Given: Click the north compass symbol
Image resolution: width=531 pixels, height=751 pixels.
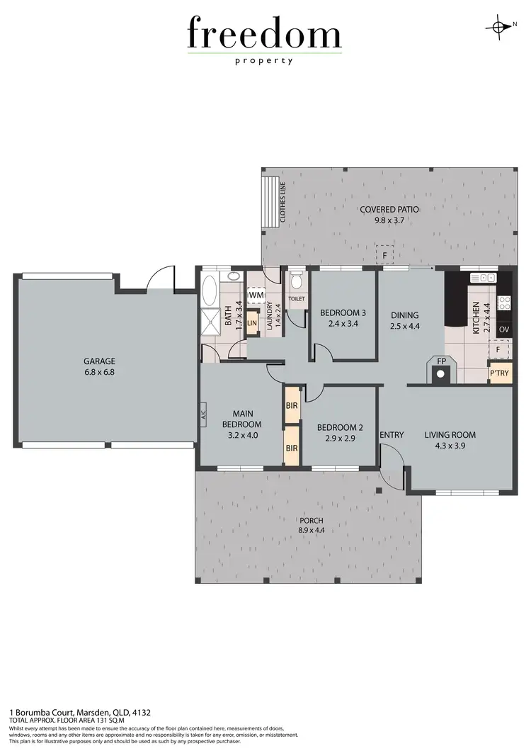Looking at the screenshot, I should click(x=500, y=27).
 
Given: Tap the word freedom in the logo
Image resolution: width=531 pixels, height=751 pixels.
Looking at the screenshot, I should click(x=265, y=33).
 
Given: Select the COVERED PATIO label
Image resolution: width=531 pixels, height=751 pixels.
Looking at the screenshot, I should click(x=389, y=209).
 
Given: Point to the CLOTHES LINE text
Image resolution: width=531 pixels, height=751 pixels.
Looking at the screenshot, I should click(x=282, y=204).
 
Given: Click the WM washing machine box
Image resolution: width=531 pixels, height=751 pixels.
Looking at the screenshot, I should click(x=256, y=294).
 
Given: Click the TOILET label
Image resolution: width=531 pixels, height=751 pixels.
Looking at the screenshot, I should click(x=297, y=299).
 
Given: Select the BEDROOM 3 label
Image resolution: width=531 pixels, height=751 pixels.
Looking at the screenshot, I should click(x=343, y=312).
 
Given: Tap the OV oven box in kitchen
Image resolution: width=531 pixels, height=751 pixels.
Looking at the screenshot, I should click(x=504, y=329).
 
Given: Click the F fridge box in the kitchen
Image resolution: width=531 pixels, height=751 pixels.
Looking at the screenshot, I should click(x=499, y=349).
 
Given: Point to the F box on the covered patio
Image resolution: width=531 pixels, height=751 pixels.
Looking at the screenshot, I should click(x=384, y=256).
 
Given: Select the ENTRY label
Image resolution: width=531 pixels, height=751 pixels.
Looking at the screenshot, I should click(x=392, y=434).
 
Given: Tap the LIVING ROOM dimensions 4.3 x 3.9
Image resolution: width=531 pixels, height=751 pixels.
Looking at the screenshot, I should click(x=450, y=446).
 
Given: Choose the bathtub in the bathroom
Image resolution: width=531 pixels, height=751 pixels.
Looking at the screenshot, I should click(x=211, y=291).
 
